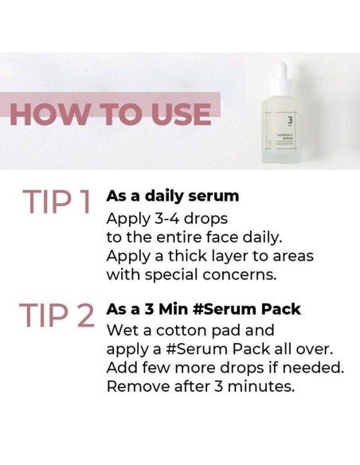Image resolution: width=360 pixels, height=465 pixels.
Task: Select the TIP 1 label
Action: click(58, 205)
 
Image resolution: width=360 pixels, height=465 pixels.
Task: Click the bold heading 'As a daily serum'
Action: click(172, 196)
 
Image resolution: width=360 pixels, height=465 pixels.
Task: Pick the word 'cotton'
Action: click(194, 329)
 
